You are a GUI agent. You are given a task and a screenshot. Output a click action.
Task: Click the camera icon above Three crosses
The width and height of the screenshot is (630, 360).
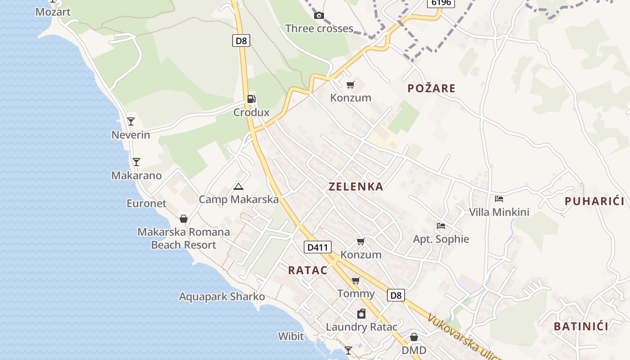[x=319, y=16]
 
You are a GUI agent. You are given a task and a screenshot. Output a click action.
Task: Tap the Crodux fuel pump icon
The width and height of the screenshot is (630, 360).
[x=252, y=99]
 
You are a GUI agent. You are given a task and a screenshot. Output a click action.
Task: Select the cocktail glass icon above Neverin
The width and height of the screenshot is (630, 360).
[x=131, y=121]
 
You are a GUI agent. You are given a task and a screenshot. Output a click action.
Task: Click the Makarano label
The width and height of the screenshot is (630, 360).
[x=136, y=175]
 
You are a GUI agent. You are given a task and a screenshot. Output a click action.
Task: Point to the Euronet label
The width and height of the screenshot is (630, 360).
[x=146, y=203]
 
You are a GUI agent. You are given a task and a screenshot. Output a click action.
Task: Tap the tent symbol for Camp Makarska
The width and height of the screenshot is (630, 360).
[x=238, y=186]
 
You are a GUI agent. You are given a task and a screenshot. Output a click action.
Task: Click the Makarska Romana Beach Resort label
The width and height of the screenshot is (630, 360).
[x=184, y=238]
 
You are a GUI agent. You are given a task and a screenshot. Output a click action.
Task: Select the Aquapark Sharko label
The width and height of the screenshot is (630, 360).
[x=222, y=297]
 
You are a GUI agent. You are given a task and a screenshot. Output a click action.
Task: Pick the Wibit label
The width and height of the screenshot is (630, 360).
[x=291, y=336]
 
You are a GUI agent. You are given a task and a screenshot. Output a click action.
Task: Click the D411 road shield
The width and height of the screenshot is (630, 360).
[x=318, y=247]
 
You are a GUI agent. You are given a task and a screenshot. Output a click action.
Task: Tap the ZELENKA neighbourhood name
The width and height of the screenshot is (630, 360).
[x=356, y=187]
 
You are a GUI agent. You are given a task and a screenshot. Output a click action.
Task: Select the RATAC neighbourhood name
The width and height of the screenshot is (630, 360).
[x=308, y=270]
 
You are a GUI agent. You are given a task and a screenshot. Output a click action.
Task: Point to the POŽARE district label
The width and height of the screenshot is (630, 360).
[x=432, y=89]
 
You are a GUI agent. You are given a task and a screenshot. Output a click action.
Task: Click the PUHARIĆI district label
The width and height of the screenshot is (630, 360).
[x=594, y=202]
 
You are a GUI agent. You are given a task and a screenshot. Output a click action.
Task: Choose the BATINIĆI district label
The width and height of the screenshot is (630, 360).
[x=581, y=327]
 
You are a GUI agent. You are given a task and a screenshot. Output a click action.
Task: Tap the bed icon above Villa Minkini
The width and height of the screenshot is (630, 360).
[x=499, y=198]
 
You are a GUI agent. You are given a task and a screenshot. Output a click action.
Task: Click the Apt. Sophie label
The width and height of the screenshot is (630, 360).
[x=441, y=239]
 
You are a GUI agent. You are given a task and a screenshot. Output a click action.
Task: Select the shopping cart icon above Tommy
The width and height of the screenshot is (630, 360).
[x=356, y=281]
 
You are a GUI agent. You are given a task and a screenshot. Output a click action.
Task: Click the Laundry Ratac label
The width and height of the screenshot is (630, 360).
[x=361, y=327]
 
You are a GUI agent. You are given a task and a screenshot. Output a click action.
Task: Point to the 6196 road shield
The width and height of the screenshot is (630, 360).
[x=441, y=3]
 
